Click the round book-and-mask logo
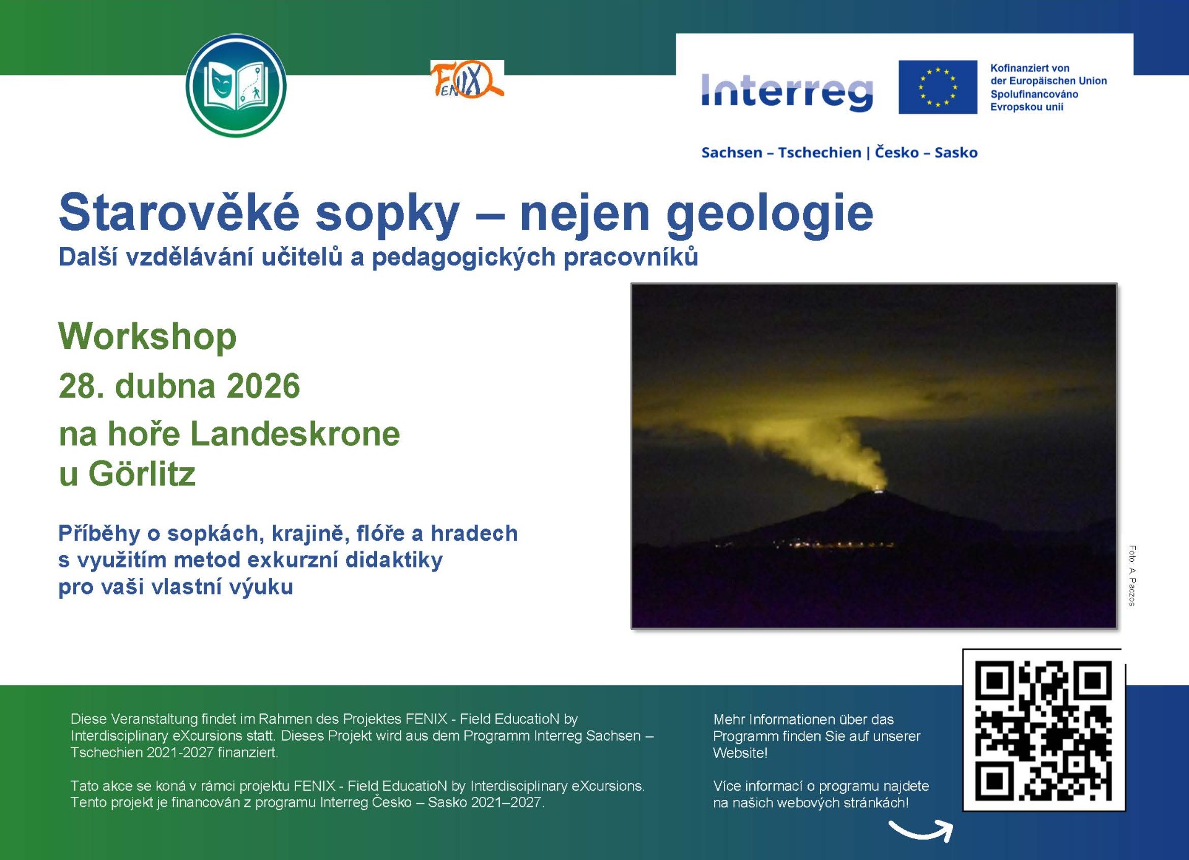coord(236,85)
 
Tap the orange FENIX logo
coord(467,79)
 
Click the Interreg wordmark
coord(787,91)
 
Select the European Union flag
coord(938,87)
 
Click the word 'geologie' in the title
coord(770,214)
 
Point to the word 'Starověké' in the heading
coord(180,211)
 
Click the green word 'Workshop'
coord(147,337)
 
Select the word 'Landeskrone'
coord(295,433)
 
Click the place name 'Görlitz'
coord(142,474)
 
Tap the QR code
coord(1043,730)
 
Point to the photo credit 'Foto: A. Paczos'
coord(1132,575)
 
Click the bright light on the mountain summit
coord(878,491)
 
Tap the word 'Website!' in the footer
coord(740,753)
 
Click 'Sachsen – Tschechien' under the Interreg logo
coord(781,153)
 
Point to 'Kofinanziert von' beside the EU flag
coord(1029,68)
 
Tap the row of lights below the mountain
coord(833,545)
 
